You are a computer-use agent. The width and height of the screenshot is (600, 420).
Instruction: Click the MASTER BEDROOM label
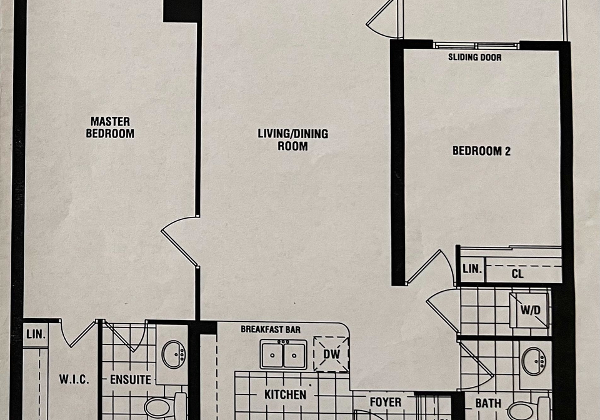pos(110,127)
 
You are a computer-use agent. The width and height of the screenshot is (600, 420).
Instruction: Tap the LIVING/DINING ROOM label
pos(292,140)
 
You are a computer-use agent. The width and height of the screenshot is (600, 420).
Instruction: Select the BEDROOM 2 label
pos(481,151)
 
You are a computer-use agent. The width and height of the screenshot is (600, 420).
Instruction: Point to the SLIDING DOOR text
pos(474,57)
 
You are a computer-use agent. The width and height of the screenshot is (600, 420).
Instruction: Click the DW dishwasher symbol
pos(331,354)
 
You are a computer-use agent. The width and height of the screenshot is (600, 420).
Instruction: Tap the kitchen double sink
pos(284,354)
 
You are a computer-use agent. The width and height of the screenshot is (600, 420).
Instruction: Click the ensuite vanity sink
pos(174,354)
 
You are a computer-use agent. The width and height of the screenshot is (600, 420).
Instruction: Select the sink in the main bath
pos(534,361)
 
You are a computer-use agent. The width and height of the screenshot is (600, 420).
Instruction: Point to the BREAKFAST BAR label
pos(271,329)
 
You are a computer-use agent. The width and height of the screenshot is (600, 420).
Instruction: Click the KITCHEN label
pos(285,395)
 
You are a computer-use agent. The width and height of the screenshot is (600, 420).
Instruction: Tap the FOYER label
pos(386,402)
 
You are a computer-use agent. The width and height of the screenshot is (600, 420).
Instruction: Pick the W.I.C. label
pos(74,379)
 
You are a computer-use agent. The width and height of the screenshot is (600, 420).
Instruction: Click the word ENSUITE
pos(131,379)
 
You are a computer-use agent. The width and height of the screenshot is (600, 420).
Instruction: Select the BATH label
pos(488,403)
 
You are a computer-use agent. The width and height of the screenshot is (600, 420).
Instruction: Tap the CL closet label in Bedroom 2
pos(517,274)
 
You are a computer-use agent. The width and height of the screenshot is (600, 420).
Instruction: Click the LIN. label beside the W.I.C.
pos(36,335)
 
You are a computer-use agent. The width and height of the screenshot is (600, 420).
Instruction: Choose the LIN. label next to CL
pos(472,269)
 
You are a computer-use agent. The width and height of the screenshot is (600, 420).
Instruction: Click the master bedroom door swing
pos(180,241)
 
